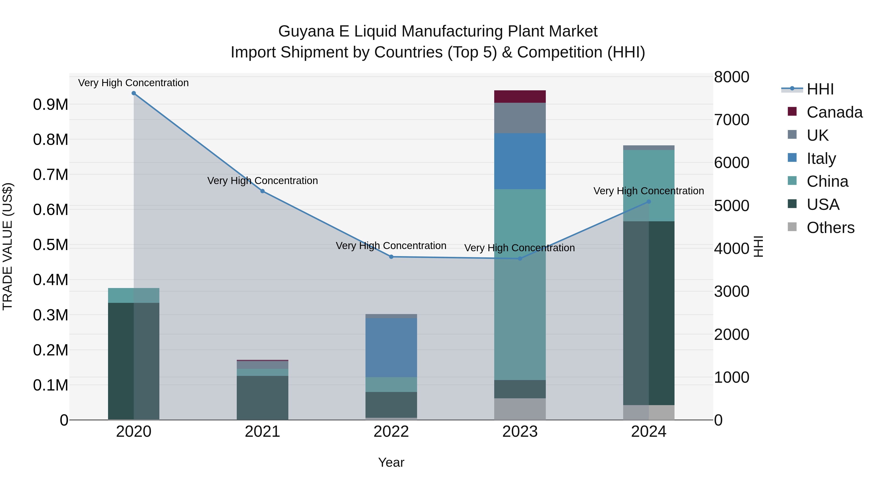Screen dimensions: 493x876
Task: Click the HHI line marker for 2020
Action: (134, 93)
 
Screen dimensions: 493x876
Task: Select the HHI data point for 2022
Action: (391, 257)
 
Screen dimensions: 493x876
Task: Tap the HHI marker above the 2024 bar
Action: (648, 202)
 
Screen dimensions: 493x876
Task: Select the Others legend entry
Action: (830, 228)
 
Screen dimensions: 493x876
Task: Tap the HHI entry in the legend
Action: (820, 89)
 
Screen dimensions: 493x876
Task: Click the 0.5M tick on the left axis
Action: (50, 245)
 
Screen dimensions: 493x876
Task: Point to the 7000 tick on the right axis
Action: (731, 120)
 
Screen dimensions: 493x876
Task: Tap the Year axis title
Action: (391, 462)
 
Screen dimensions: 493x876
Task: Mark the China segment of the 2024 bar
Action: (648, 186)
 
